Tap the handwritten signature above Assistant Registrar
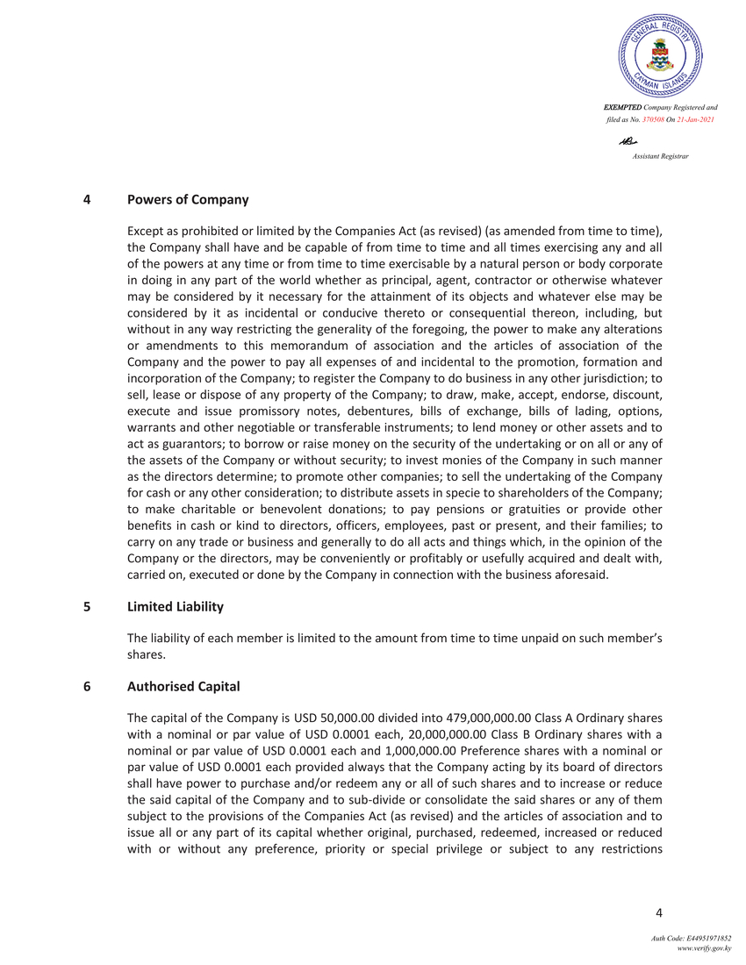[x=627, y=141]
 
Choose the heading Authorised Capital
[x=183, y=686]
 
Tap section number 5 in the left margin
[x=87, y=606]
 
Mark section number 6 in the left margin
[x=87, y=686]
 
